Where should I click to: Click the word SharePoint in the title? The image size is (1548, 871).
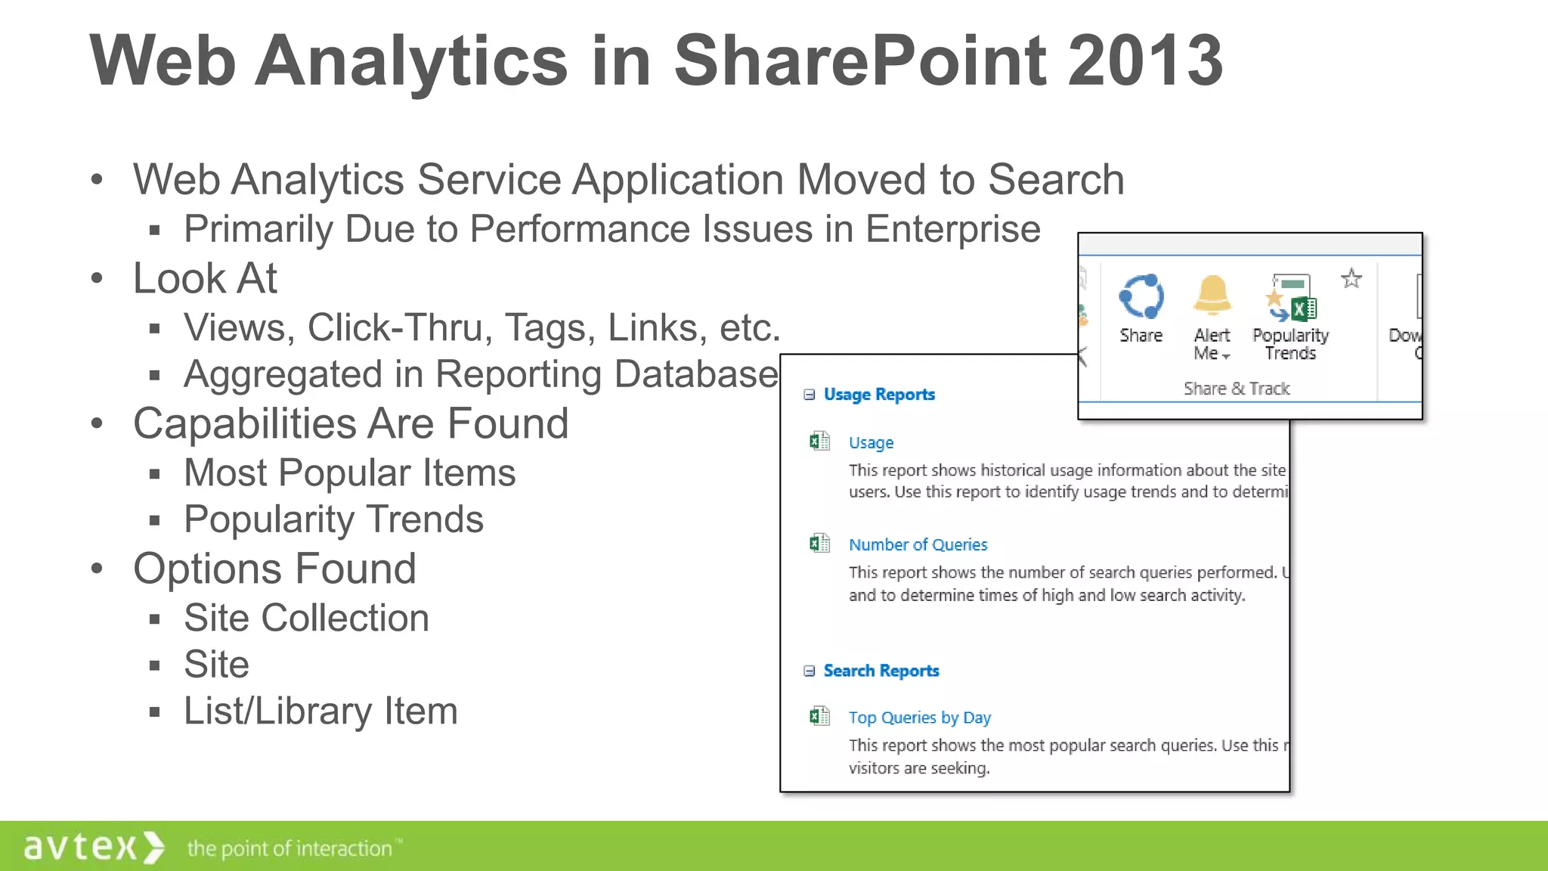pyautogui.click(x=859, y=60)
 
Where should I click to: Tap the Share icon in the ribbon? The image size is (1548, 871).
pyautogui.click(x=1141, y=297)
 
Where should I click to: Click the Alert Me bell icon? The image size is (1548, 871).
pyautogui.click(x=1212, y=296)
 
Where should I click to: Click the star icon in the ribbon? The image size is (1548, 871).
pyautogui.click(x=1351, y=279)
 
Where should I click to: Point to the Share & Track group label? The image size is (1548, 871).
pyautogui.click(x=1237, y=389)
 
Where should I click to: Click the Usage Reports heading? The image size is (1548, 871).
pyautogui.click(x=879, y=395)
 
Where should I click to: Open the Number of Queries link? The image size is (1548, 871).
pyautogui.click(x=918, y=544)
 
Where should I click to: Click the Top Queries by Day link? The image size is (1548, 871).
pyautogui.click(x=919, y=718)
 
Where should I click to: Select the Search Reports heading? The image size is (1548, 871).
pyautogui.click(x=881, y=671)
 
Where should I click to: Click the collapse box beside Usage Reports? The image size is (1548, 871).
pyautogui.click(x=810, y=395)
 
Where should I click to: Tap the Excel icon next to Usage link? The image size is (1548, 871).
pyautogui.click(x=819, y=442)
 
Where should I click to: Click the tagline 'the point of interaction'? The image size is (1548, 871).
pyautogui.click(x=291, y=848)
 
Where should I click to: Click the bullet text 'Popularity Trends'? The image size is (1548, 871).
pyautogui.click(x=333, y=519)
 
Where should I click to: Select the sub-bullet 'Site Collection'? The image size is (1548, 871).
pyautogui.click(x=306, y=618)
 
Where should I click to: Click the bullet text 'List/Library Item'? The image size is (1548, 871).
pyautogui.click(x=320, y=711)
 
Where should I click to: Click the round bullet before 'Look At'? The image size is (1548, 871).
pyautogui.click(x=97, y=278)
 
